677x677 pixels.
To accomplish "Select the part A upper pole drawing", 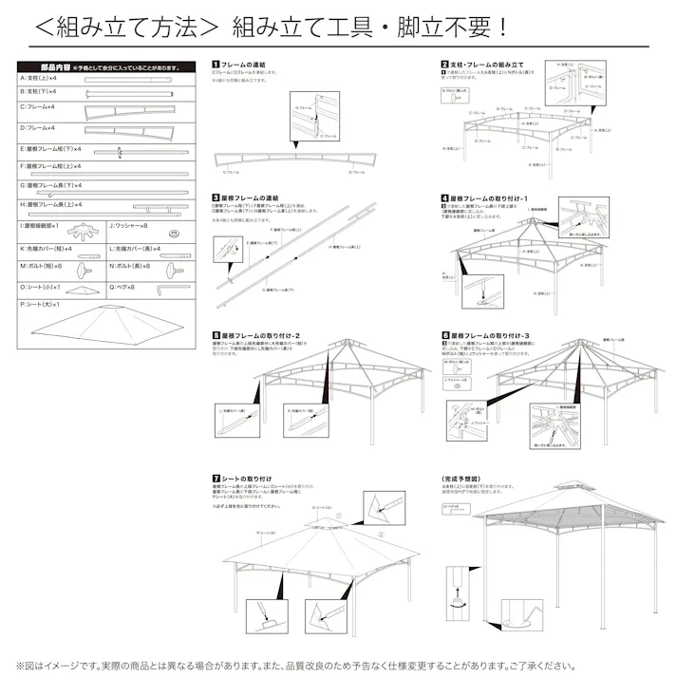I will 132,81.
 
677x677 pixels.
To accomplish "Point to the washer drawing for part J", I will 175,233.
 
